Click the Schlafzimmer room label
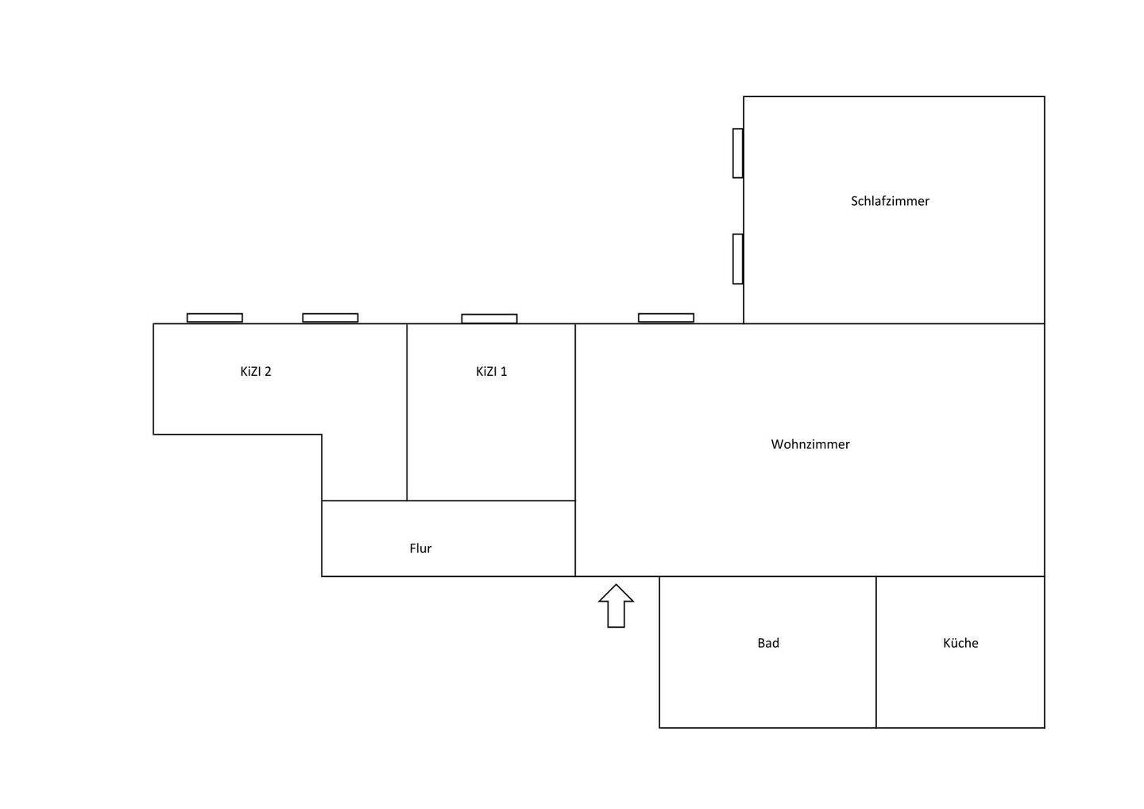[890, 201]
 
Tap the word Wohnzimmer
[810, 444]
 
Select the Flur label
[420, 548]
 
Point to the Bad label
[768, 643]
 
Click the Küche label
[960, 643]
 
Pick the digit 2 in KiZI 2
[269, 371]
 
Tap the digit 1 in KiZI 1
[504, 371]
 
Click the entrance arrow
[616, 606]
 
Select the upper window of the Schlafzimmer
[738, 153]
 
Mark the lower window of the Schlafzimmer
[738, 259]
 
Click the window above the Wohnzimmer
[666, 318]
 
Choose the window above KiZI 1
[489, 319]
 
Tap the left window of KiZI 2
[214, 318]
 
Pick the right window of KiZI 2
[330, 318]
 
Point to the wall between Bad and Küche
[876, 652]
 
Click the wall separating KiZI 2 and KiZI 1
[407, 412]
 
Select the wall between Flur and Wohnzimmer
[575, 539]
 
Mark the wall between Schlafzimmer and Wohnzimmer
[895, 323]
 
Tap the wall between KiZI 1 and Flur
[491, 501]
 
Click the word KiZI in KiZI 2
[250, 371]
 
